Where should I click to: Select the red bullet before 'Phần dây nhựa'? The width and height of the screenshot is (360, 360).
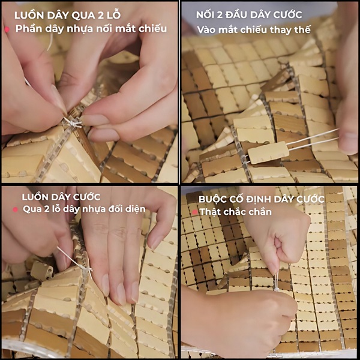(7, 29)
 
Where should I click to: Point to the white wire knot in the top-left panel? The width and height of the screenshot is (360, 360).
(73, 122)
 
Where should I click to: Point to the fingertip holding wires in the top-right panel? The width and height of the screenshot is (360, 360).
(347, 142)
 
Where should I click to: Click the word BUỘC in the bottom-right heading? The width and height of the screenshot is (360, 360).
(215, 198)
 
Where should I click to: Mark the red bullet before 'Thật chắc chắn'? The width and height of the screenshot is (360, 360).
(194, 212)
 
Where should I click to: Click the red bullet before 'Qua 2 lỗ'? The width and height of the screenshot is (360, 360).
(16, 209)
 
